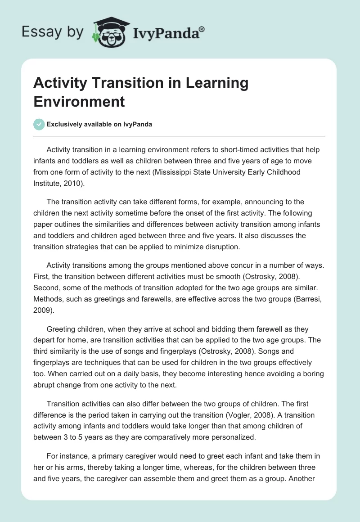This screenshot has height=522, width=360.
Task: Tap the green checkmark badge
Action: pyautogui.click(x=40, y=125)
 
